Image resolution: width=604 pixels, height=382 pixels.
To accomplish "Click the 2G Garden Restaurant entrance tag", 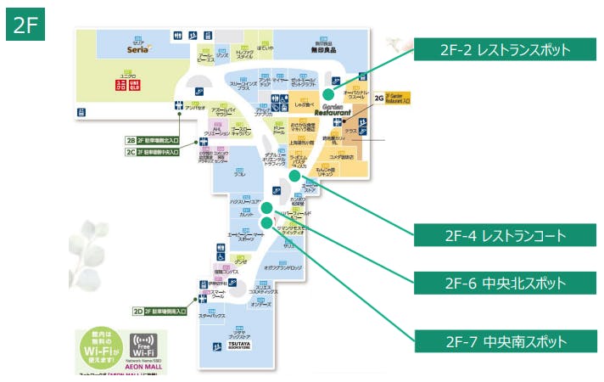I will pos(392,98).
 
